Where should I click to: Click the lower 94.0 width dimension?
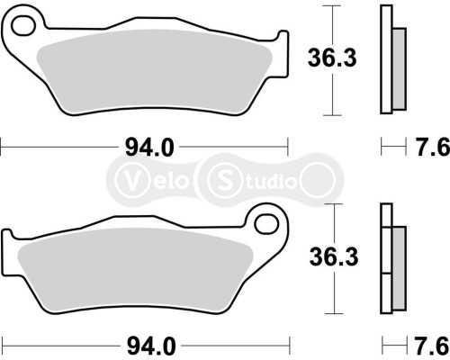(144, 346)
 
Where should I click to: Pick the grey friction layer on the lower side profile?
(399, 261)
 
